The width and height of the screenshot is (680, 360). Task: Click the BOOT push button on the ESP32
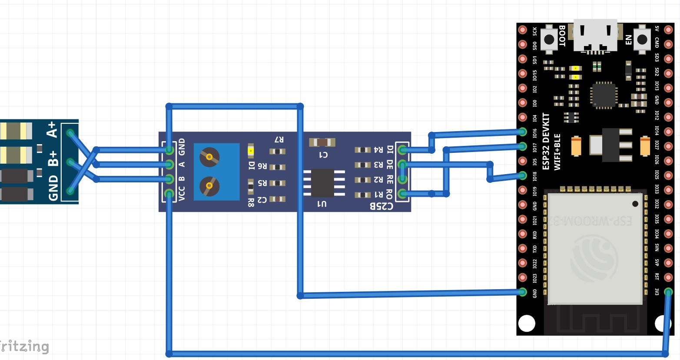549,39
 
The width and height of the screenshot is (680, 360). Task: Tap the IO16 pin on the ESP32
523,132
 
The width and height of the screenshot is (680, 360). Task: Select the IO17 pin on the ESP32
523,146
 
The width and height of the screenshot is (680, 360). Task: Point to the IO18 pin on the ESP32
523,175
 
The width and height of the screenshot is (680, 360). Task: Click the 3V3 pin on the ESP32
668,292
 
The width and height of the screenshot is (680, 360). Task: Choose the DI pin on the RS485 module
402,150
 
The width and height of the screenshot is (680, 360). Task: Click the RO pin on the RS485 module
402,194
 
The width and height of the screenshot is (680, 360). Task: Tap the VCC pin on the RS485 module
169,194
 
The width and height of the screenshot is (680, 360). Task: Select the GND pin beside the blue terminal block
169,150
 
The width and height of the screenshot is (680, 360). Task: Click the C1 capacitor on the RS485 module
322,142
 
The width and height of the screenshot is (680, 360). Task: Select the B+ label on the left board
53,159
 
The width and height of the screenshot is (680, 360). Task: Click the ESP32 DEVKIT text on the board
546,141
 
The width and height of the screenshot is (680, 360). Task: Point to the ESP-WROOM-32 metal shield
594,248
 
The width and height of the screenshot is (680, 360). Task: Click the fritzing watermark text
24,346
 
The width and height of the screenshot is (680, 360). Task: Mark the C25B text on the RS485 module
381,206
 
